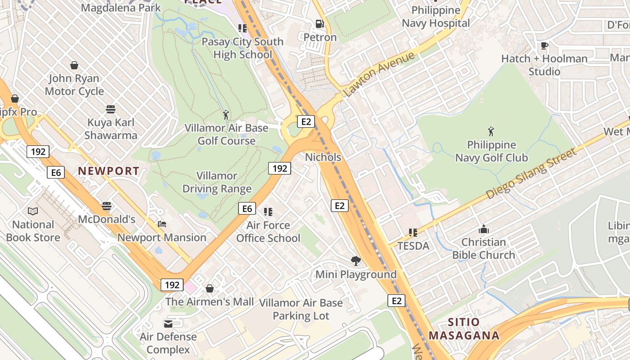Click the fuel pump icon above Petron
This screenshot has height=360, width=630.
[x=319, y=23]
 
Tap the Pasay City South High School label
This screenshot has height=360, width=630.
[x=243, y=48]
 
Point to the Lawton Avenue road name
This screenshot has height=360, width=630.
[x=379, y=74]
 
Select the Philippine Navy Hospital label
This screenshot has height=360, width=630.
[x=436, y=17]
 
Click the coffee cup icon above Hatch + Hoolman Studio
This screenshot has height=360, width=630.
[x=544, y=45]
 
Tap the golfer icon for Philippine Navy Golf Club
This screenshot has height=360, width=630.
[x=491, y=131]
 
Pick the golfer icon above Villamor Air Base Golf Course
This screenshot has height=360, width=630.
[x=226, y=115]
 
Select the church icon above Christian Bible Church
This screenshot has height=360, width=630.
[x=484, y=229]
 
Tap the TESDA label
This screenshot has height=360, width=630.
[x=413, y=246]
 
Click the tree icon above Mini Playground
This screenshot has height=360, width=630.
[x=356, y=261]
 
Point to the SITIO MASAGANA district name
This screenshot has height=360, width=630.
[x=464, y=329]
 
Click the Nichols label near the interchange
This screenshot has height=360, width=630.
[x=323, y=157]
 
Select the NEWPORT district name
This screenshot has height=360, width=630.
[x=108, y=171]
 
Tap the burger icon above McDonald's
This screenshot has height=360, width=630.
[x=107, y=206]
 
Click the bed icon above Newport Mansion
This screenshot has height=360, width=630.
[x=162, y=224]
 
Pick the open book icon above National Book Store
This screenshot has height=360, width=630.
[x=33, y=211]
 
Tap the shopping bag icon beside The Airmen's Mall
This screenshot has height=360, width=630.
[x=210, y=288]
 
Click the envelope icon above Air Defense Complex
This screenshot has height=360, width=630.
[x=168, y=324]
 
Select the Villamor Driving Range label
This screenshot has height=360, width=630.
[x=217, y=182]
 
